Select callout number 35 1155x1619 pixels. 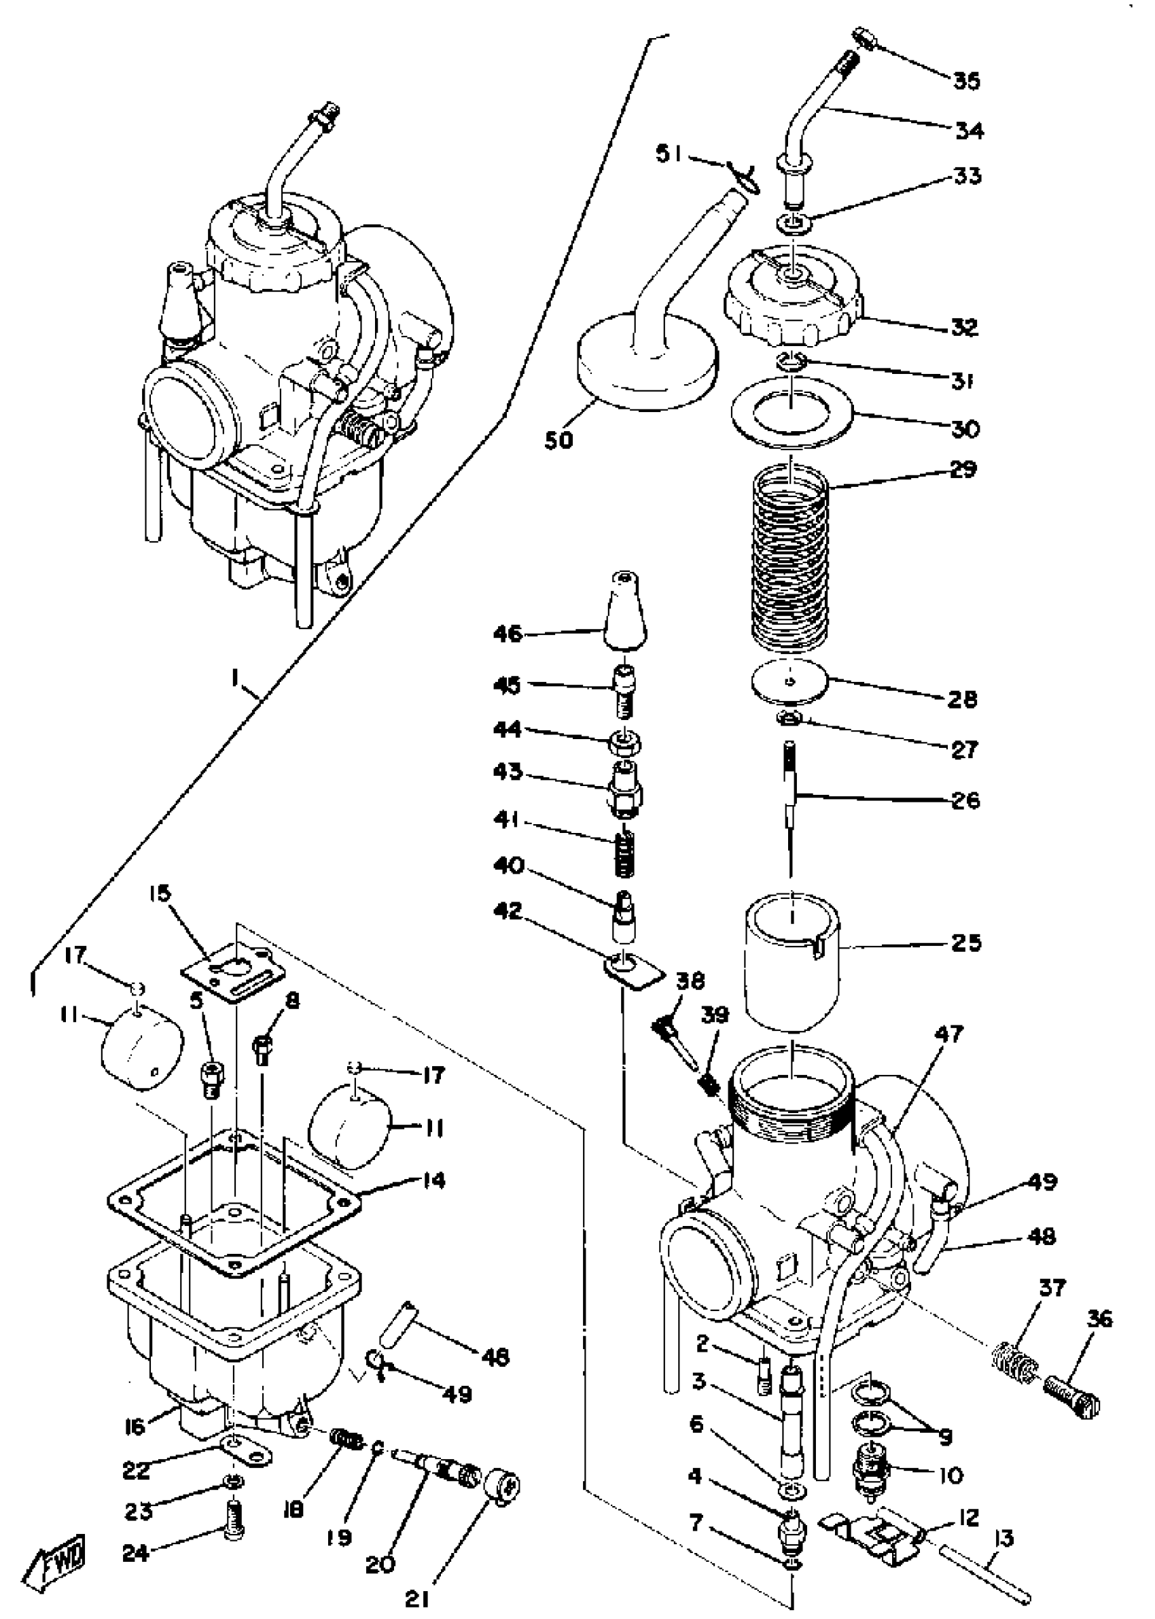tap(967, 80)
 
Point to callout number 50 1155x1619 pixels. tap(559, 441)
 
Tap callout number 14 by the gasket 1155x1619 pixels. tap(430, 1181)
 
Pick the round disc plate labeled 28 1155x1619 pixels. tap(790, 683)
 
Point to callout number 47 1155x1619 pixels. tap(949, 1034)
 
